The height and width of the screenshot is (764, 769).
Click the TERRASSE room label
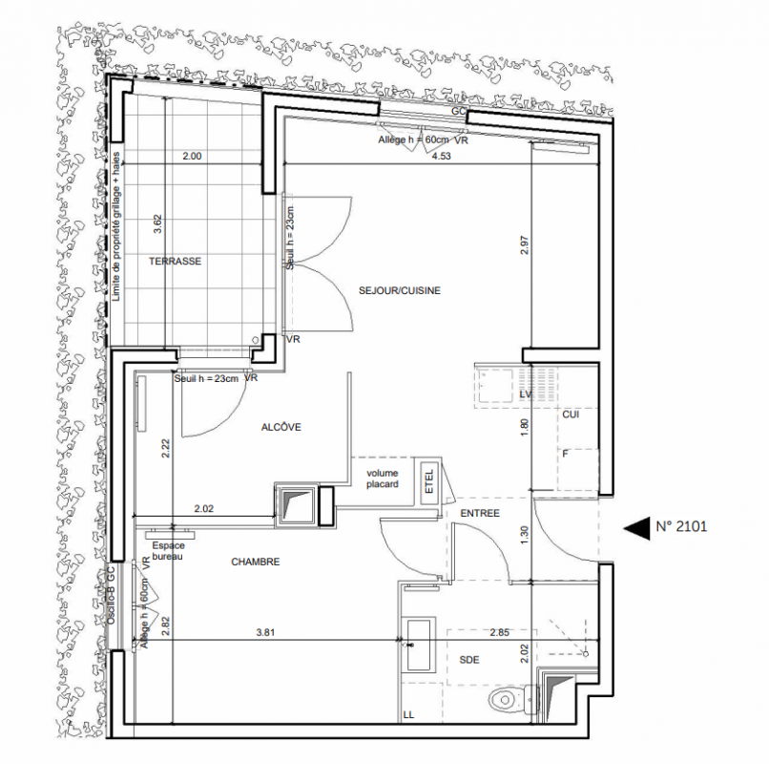(x=176, y=262)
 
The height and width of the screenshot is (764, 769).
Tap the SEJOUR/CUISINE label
(x=400, y=290)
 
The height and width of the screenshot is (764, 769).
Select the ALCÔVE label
(x=281, y=427)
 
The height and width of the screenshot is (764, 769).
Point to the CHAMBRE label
(x=256, y=562)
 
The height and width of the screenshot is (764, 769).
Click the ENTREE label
(x=480, y=513)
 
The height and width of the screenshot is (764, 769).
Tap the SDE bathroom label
(x=469, y=660)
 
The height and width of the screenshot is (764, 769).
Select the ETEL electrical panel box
(x=429, y=481)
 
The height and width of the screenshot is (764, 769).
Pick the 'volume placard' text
(x=383, y=478)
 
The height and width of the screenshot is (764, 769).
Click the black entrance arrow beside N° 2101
(x=636, y=528)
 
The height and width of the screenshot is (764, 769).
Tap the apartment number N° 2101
(x=682, y=527)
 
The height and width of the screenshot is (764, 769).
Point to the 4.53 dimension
(x=441, y=156)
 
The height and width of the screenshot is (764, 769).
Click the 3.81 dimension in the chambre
(x=265, y=632)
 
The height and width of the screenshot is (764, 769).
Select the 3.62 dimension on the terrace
(x=157, y=223)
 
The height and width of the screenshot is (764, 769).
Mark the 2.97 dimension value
(x=524, y=245)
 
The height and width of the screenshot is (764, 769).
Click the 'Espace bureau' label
(x=168, y=551)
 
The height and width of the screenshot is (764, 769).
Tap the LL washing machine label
(x=408, y=715)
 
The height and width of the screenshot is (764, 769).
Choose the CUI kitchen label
(x=571, y=414)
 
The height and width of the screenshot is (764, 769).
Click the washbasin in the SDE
(x=418, y=646)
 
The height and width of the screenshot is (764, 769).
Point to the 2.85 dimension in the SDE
(x=499, y=632)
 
